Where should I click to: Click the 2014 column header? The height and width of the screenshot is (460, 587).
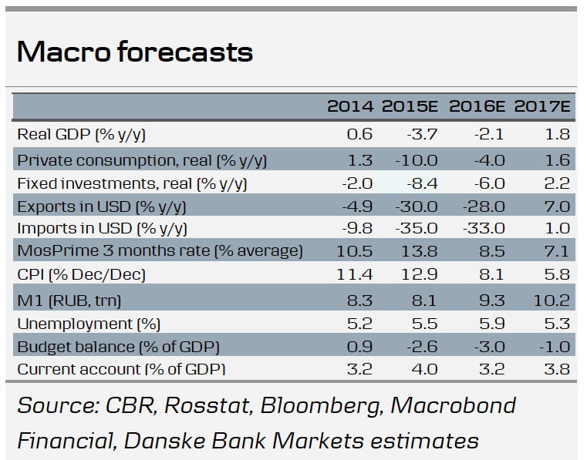[350, 106]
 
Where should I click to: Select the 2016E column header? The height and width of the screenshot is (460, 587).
[477, 106]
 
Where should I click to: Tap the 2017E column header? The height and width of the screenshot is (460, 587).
[541, 106]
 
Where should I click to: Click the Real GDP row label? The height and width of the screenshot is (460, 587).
[81, 134]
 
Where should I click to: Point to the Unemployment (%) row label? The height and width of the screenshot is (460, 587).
[89, 324]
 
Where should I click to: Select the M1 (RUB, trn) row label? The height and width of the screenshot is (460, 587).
[69, 301]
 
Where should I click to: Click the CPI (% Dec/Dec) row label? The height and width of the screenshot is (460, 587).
[81, 275]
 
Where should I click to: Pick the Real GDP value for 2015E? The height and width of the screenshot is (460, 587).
[422, 134]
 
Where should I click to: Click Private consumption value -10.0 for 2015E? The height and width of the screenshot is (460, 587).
[417, 160]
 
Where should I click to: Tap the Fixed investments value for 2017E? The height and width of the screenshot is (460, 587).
[557, 183]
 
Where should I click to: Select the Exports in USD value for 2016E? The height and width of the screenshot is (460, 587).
[484, 206]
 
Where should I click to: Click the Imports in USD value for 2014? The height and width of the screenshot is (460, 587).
[357, 228]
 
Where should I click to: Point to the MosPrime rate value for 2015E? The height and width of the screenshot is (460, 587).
[419, 251]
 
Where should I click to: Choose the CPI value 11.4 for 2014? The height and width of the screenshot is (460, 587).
[354, 274]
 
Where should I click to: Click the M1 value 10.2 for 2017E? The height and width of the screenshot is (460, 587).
[552, 301]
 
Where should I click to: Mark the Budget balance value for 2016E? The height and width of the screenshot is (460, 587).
[489, 347]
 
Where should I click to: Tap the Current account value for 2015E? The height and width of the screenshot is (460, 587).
[424, 369]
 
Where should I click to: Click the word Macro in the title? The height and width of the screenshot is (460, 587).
[64, 52]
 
